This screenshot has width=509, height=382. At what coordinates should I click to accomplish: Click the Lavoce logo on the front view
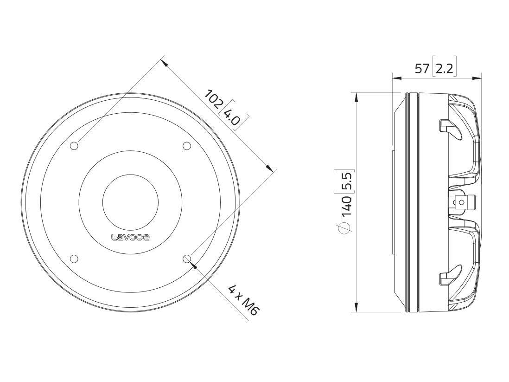pos(130,237)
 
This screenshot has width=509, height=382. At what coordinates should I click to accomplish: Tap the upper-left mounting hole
pos(74,146)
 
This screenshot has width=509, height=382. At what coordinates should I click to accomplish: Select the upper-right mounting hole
pos(187,146)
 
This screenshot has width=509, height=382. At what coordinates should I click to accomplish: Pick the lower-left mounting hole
pos(74,259)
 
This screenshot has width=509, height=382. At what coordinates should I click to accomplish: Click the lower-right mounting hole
pos(187,259)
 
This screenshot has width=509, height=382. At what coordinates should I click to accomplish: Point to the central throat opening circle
pos(130,202)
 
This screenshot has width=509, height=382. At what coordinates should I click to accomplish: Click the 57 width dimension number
pos(422,69)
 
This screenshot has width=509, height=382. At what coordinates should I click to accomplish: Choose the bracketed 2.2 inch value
pos(444,69)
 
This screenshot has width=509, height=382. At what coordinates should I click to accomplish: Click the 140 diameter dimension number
pos(347,206)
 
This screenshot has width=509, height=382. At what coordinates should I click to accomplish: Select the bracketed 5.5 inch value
pos(347,181)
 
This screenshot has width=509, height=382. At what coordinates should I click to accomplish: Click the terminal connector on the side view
pos(464,202)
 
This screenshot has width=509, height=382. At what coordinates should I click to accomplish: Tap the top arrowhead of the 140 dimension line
pos(356,97)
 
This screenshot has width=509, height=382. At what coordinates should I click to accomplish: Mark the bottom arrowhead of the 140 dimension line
pos(356,307)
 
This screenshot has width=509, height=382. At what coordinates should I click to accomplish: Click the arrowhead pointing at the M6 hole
pos(193,265)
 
